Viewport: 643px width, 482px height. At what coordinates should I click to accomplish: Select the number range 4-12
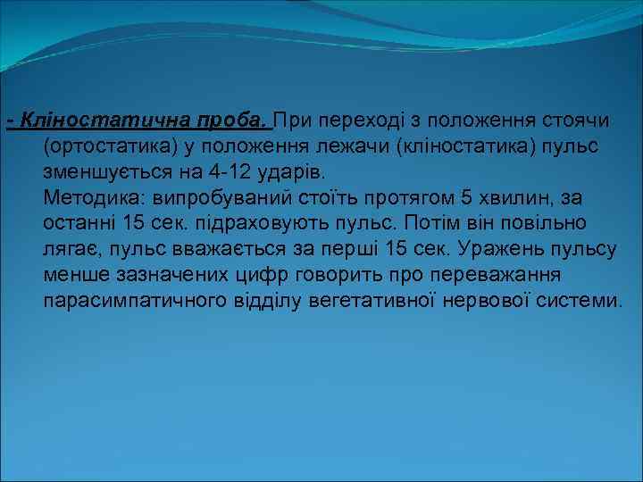(x=237, y=170)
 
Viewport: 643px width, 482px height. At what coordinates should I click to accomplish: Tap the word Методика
(x=94, y=195)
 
